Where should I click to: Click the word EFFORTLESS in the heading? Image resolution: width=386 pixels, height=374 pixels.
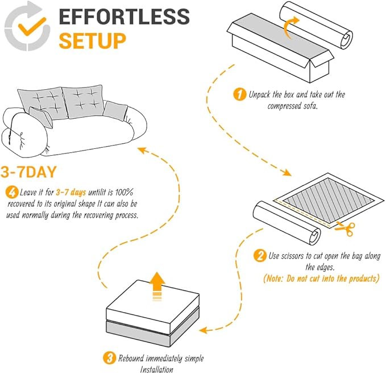124,16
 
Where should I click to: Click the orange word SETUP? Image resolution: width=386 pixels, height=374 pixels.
93,41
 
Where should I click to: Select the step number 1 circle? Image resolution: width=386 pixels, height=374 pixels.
239,94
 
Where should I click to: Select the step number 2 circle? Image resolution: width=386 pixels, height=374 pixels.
260,255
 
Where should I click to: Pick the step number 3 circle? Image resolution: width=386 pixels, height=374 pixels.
109,358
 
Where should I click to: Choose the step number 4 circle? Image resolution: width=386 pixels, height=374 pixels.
12,192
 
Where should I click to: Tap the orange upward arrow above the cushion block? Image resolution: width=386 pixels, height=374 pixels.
157,286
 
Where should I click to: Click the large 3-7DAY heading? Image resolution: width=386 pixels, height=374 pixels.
28,172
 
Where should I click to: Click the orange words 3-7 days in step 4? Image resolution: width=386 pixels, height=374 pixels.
71,192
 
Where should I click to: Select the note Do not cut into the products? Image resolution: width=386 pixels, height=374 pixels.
321,279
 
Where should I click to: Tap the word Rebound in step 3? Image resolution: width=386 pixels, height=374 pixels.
131,358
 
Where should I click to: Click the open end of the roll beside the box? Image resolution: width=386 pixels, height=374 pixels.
346,39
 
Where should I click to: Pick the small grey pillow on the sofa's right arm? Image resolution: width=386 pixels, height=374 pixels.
115,111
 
